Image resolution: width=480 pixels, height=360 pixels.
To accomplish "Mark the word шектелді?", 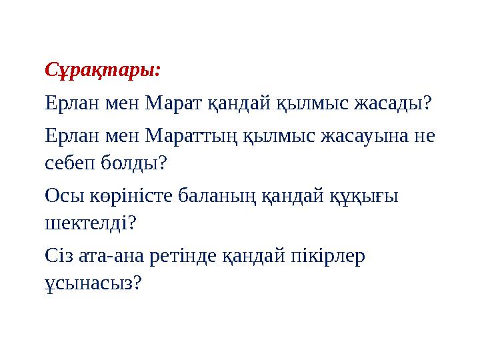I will [89, 221].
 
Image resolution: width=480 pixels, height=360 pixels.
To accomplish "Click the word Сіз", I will [59, 255].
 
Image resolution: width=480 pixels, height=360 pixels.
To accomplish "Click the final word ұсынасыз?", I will [90, 283].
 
